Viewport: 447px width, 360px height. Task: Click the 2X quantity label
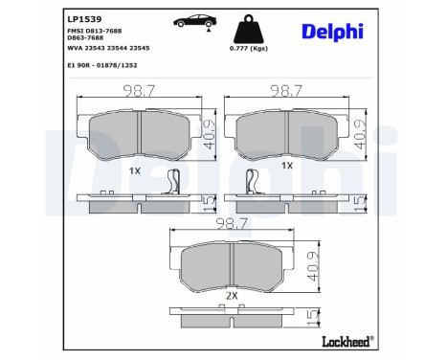point(231,297)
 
